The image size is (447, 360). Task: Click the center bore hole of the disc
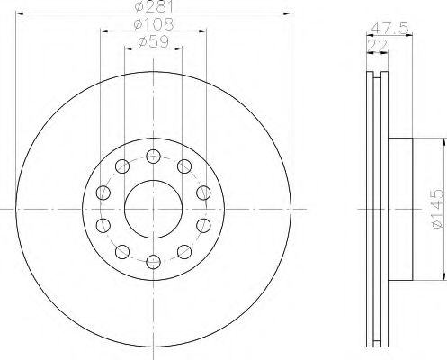pos(152,208)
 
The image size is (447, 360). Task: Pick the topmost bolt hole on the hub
pos(152,153)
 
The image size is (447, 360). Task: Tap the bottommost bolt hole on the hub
pos(152,261)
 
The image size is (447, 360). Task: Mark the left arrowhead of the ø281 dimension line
pos(20,13)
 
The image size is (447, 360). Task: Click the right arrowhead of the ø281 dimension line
pos(290,13)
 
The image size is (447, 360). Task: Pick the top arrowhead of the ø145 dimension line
pos(442,142)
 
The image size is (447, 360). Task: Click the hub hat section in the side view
pos(401,209)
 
